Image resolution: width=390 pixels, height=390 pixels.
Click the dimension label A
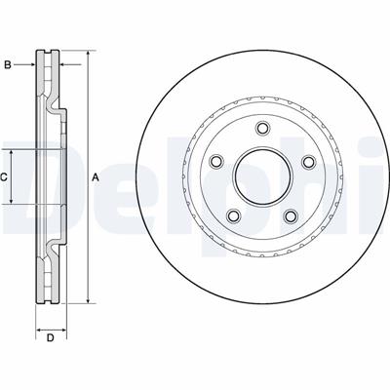pos(96,177)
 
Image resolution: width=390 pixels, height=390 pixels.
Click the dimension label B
pos(8,65)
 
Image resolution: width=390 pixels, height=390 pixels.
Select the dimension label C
pos(3,177)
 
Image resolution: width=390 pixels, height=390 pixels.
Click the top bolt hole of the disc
pos(262,128)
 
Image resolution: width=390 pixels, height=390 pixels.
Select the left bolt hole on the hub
pos(216,162)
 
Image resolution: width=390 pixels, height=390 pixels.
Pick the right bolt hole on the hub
pos(308,162)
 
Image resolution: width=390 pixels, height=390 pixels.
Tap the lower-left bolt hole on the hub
pos(234,215)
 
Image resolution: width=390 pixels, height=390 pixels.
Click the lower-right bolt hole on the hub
pos(291,215)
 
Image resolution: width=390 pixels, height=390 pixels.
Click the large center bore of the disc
pos(262,177)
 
